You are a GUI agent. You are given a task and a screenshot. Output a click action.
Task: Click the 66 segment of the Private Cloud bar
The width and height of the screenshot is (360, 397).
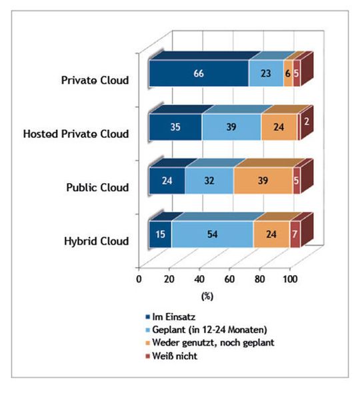point(198,73)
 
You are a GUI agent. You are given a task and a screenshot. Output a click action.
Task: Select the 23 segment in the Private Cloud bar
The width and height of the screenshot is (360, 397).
point(265,73)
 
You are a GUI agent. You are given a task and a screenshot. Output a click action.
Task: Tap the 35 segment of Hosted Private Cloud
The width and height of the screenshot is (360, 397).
point(175,127)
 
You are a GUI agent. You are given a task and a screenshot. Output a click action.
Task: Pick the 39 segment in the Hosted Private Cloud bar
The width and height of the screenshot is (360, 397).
point(231,127)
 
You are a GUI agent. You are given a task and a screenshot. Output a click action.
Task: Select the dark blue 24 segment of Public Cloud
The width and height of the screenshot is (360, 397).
point(167,180)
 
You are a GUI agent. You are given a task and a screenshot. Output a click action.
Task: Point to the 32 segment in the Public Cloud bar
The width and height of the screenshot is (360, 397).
point(209,180)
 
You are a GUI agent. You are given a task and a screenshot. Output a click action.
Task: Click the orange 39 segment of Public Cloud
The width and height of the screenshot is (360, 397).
point(263,180)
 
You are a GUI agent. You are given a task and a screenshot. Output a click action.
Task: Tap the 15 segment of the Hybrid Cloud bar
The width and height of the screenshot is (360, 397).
point(160,234)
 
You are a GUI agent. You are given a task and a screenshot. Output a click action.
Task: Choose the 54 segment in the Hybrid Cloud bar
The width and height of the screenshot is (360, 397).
point(212,234)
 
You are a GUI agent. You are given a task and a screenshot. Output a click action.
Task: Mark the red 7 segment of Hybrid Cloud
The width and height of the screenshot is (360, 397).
point(295,234)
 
